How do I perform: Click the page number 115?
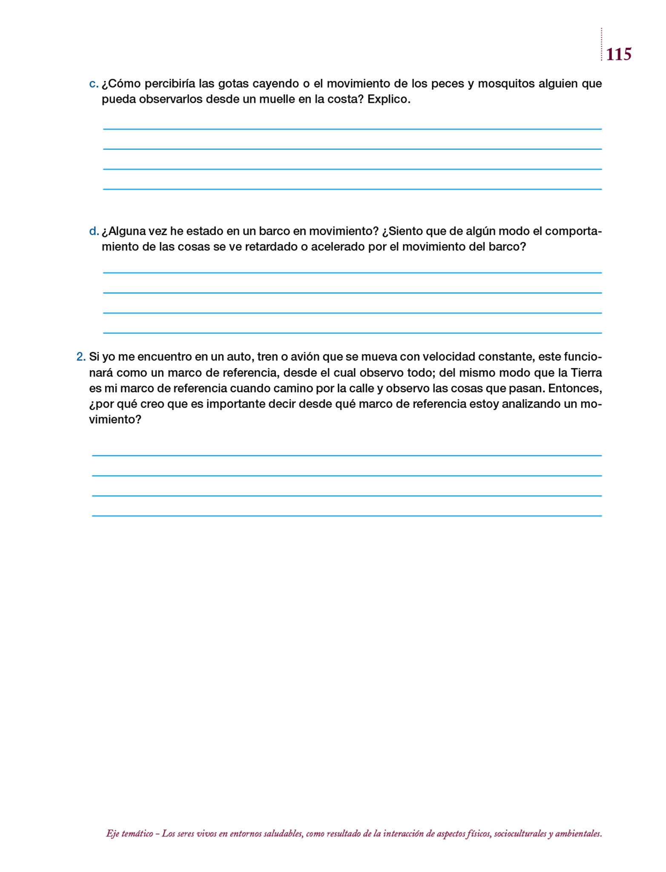(x=618, y=54)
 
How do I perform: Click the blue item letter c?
(x=93, y=84)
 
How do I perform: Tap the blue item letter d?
(x=93, y=232)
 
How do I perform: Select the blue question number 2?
(x=81, y=357)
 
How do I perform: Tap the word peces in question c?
(x=448, y=84)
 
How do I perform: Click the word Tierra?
(x=586, y=373)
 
